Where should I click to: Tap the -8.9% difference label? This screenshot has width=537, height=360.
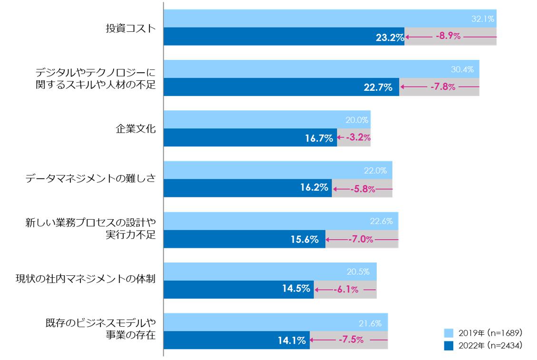[x=448, y=37]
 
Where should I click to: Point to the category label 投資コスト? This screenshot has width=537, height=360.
[x=130, y=28]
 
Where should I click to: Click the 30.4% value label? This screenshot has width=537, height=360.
[x=462, y=70]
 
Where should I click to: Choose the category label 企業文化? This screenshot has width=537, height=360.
[x=136, y=129]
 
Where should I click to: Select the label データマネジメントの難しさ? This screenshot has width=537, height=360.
[x=91, y=179]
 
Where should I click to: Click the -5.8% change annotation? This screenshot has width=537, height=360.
[x=362, y=189]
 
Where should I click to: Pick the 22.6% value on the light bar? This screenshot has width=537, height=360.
[x=381, y=221]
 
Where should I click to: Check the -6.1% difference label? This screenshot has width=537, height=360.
[x=346, y=290]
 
